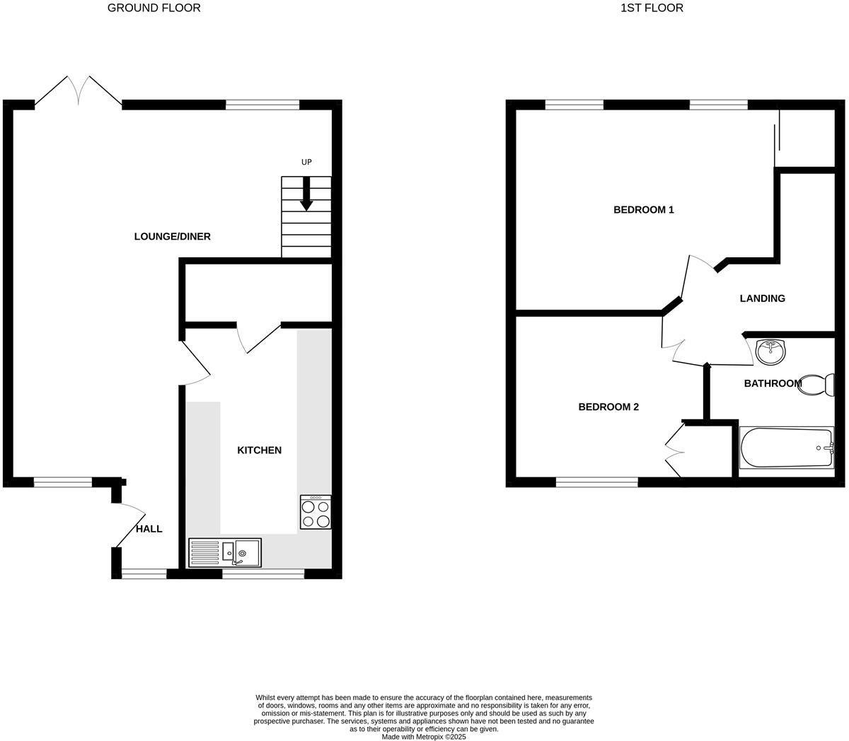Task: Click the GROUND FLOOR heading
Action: pos(154,8)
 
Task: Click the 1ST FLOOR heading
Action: pos(652,8)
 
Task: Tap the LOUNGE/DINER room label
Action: pos(172,236)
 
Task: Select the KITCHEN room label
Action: pos(259,450)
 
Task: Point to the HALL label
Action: pos(149,529)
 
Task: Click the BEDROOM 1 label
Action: pos(643,210)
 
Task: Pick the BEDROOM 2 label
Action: pos(608,407)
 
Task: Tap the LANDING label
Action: pos(762,298)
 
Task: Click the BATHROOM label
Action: pos(773,383)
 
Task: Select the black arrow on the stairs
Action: pos(306,194)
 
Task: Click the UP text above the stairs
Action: pos(306,163)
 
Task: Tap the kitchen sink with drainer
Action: pos(225,552)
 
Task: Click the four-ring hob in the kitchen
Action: pos(316,512)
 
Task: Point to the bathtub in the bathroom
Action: pos(786,448)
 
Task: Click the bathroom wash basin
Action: pos(769,351)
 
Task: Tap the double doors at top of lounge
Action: pos(78,92)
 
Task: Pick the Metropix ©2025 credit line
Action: pos(423,737)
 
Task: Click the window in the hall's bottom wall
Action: pos(144,573)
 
